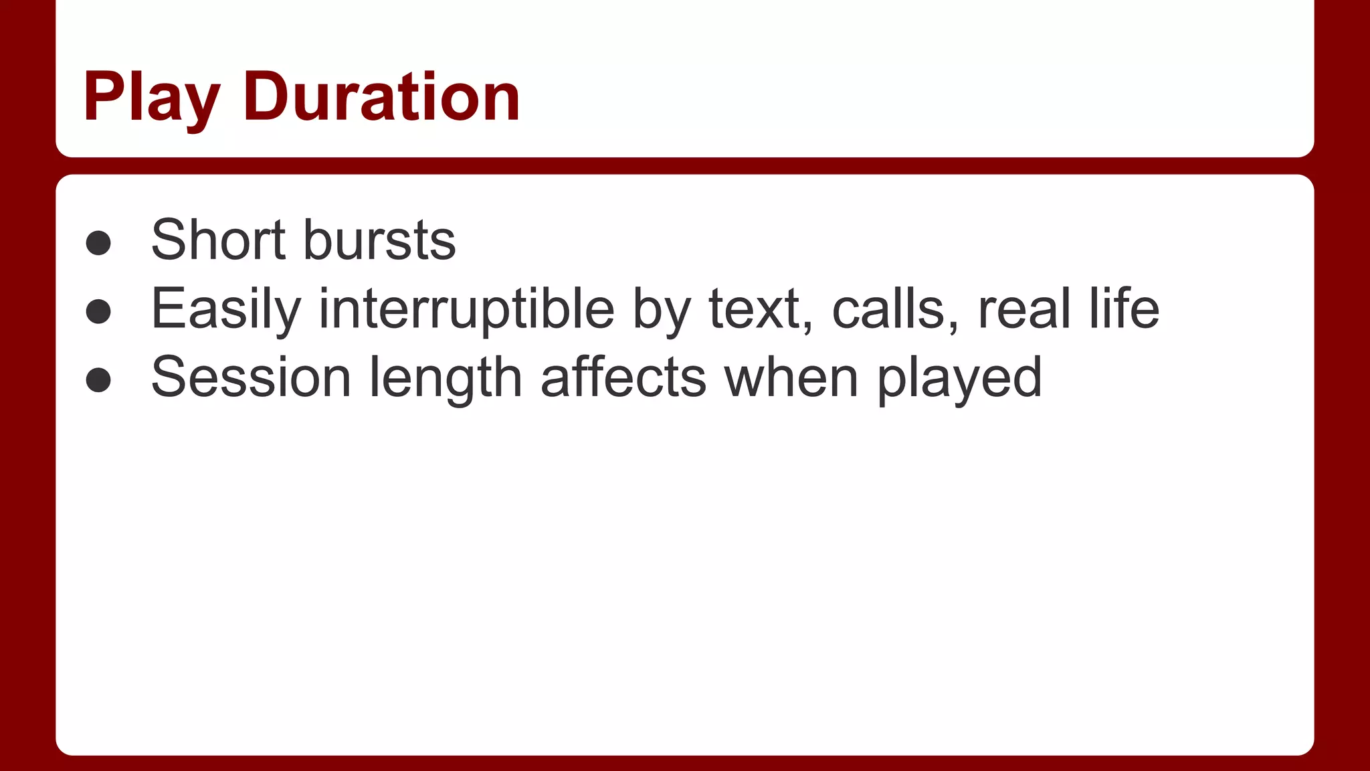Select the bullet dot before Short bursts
[98, 243]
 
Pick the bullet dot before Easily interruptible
[98, 311]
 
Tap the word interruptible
[466, 309]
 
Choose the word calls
[887, 309]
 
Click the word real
[1023, 309]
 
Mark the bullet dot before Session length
[98, 379]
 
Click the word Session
[251, 377]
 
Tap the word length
[446, 379]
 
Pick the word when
[791, 377]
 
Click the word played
[959, 379]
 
